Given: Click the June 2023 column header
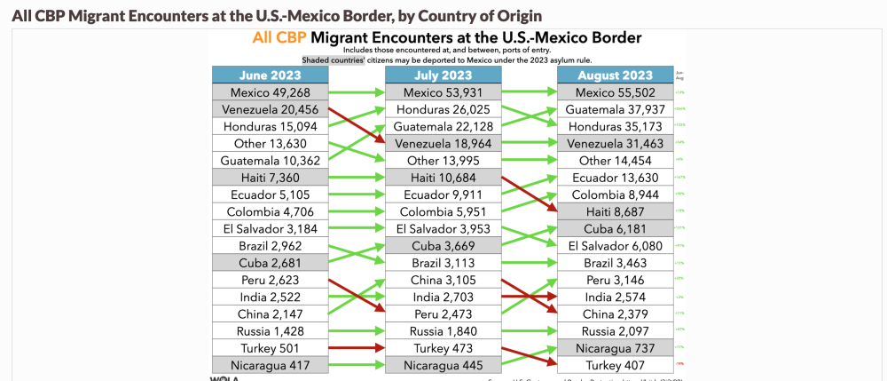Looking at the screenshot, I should pos(271,75).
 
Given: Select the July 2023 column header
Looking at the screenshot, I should pos(443,75).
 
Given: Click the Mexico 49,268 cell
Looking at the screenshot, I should pos(271,92).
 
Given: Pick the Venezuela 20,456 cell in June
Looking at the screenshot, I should pos(271,109).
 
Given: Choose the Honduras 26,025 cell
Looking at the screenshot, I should pos(443,109).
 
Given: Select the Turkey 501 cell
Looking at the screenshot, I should pos(271,348).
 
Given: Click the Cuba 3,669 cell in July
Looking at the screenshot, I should pos(443,246).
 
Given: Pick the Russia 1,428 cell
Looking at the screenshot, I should pos(271,331).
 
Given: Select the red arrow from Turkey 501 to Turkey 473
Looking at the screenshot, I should pos(357,348).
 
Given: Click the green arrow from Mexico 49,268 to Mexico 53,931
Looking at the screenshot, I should pos(357,92).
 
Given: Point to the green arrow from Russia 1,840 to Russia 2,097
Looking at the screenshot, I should pos(529,331).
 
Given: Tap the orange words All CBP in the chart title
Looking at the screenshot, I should pos(279,38).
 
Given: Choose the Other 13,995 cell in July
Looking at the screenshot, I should pos(443,161).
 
